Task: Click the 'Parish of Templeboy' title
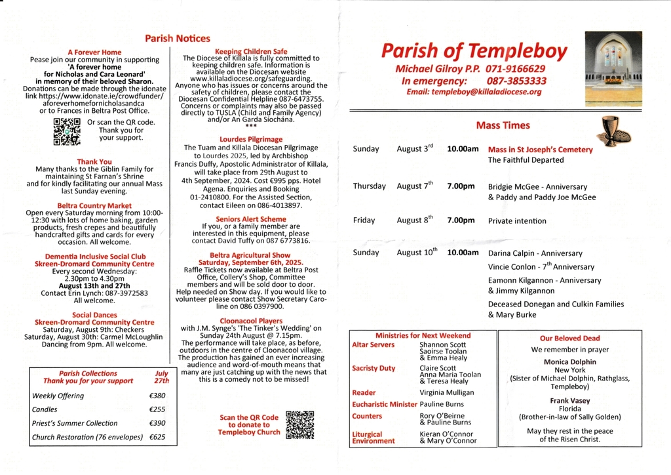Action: (474, 51)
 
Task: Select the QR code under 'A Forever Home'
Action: (67, 131)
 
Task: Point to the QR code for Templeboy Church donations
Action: (299, 424)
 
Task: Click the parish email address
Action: (474, 92)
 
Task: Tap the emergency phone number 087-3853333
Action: (516, 81)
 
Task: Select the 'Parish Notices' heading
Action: (178, 39)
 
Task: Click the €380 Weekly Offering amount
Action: (157, 396)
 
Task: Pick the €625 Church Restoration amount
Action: (157, 437)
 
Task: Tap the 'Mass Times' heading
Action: (503, 125)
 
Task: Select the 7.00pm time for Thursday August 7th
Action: (461, 186)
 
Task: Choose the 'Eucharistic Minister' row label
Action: (384, 405)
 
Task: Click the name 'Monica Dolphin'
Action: (569, 361)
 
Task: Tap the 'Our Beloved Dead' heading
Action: (569, 339)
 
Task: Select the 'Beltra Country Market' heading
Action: (94, 205)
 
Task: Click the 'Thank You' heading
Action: (94, 161)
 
